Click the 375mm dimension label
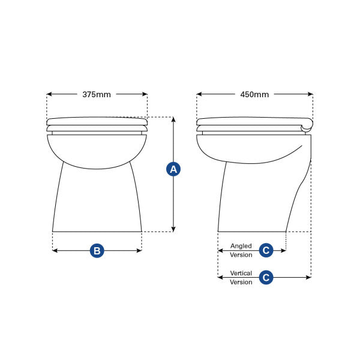pyautogui.click(x=97, y=94)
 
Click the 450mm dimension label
pyautogui.click(x=254, y=94)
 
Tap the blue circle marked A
pyautogui.click(x=173, y=169)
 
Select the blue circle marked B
pyautogui.click(x=97, y=251)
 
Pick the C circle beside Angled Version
pyautogui.click(x=266, y=250)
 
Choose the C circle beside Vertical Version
pyautogui.click(x=266, y=277)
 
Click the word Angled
pyautogui.click(x=241, y=247)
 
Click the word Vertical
pyautogui.click(x=241, y=274)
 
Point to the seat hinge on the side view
pyautogui.click(x=307, y=125)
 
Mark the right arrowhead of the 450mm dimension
pyautogui.click(x=310, y=94)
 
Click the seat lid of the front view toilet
pyautogui.click(x=97, y=121)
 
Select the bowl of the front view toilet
pyautogui.click(x=97, y=150)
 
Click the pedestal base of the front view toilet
pyautogui.click(x=97, y=201)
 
